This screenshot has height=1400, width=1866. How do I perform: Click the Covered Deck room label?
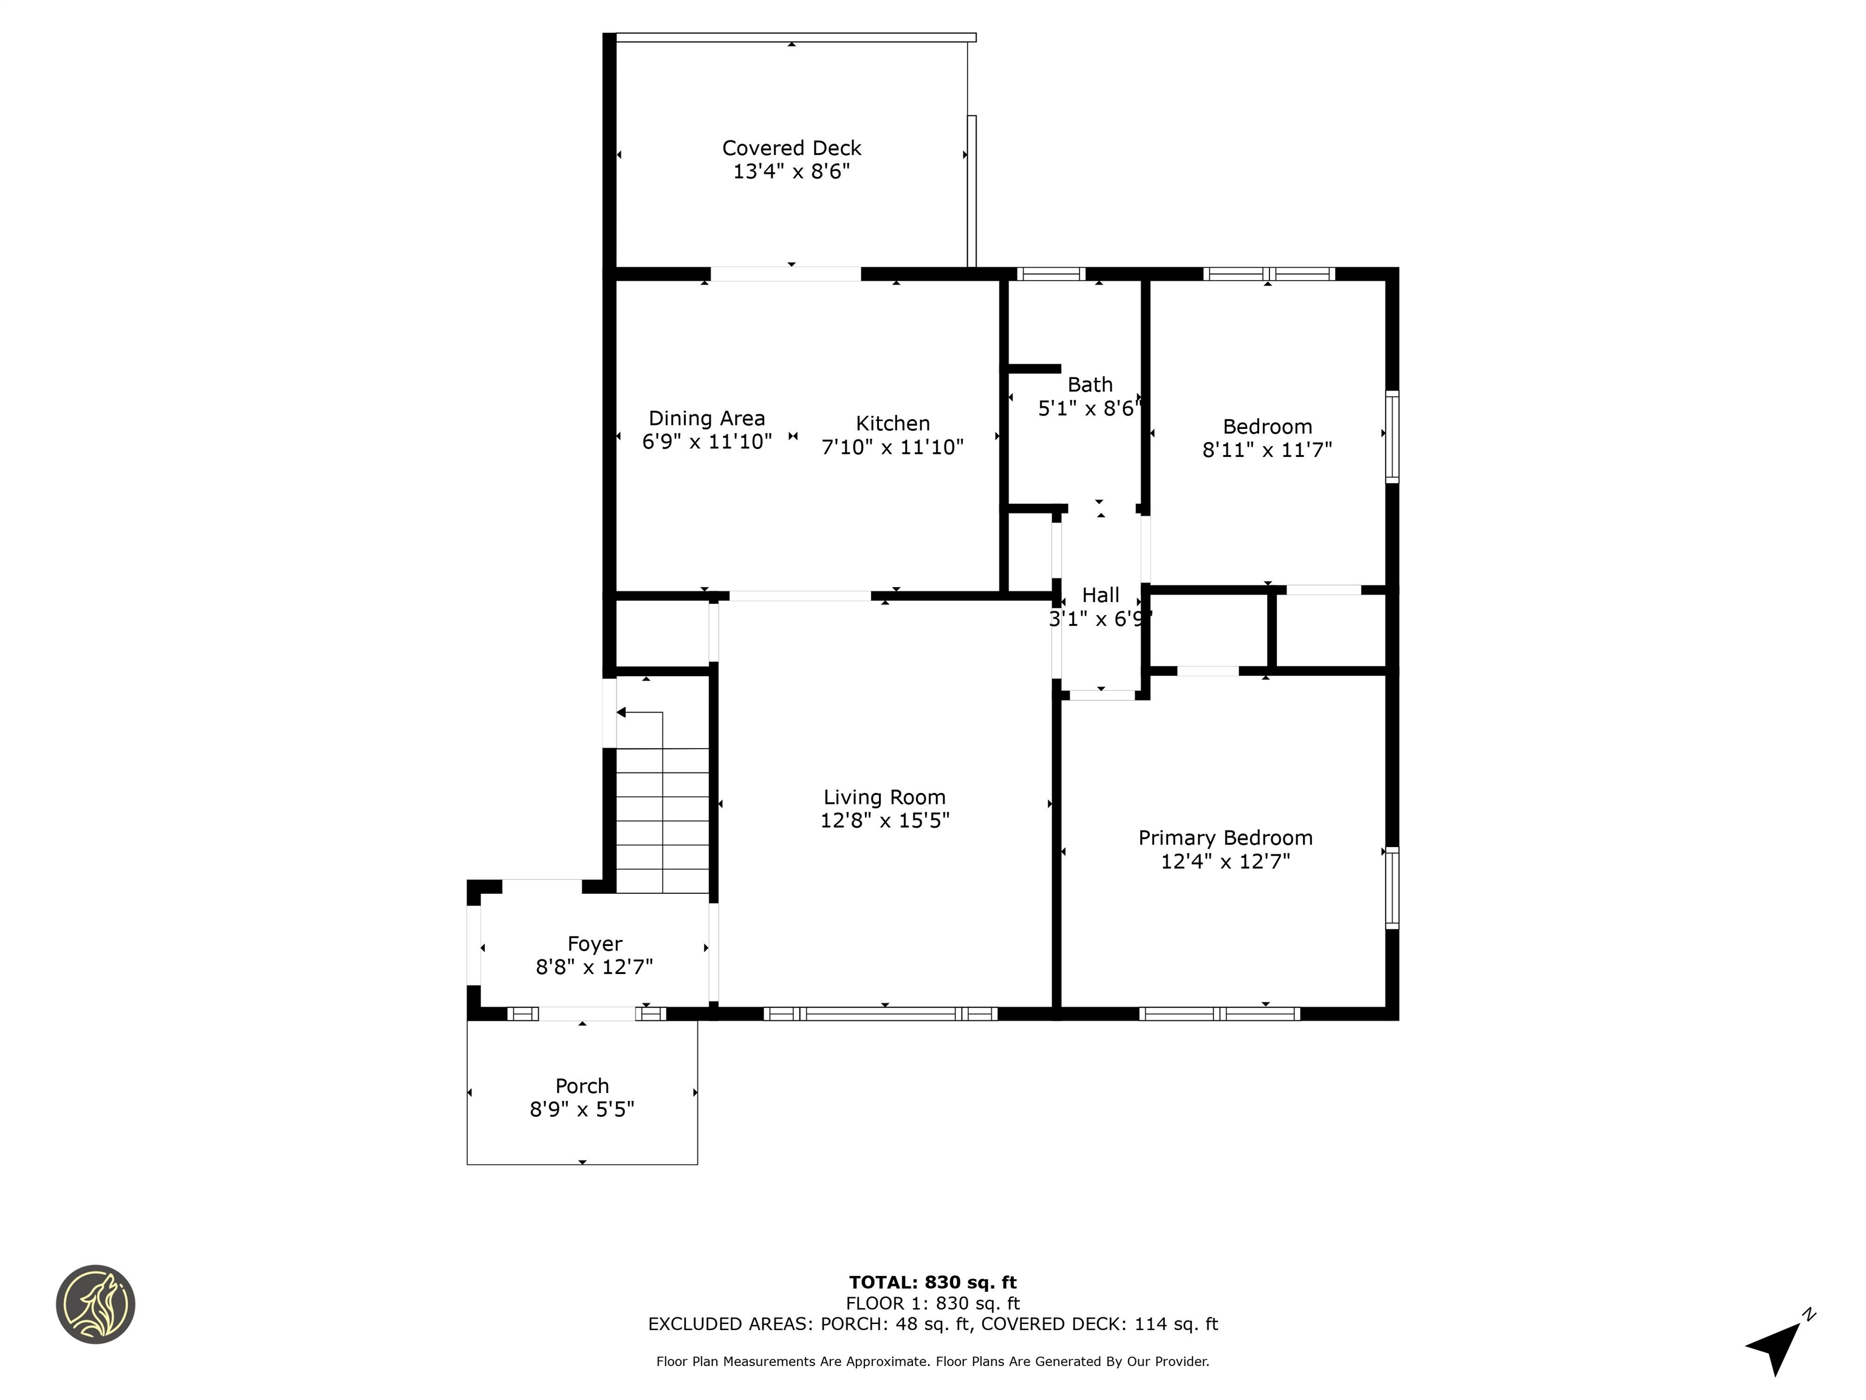coord(791,148)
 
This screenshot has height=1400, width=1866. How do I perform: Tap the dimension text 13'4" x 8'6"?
coord(791,172)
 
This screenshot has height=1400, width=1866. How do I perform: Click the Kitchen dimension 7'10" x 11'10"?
coord(892,447)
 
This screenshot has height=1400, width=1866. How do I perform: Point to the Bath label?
coord(1090,385)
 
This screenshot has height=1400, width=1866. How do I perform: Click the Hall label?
coord(1100,595)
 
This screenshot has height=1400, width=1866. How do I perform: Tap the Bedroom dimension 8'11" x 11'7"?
coord(1267,450)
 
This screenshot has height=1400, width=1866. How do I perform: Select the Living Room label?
coord(884,797)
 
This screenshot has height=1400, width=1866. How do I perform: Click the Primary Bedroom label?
coord(1225,838)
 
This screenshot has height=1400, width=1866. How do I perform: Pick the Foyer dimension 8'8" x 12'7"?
coord(595,967)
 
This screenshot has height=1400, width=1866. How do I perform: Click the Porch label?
coord(582,1086)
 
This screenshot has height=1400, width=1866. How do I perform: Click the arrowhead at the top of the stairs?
coord(622,713)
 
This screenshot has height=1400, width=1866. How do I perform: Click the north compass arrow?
coord(1775,1344)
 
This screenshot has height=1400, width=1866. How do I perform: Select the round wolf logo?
coord(95,1304)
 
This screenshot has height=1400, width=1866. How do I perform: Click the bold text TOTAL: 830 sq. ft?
coord(932,1283)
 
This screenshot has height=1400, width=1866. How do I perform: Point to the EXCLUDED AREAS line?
coord(932,1324)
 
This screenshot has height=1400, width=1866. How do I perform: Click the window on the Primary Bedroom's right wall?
coord(1392,888)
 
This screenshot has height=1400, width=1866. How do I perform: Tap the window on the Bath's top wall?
coord(1050,273)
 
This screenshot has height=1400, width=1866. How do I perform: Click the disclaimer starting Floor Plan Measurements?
coord(932,1361)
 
